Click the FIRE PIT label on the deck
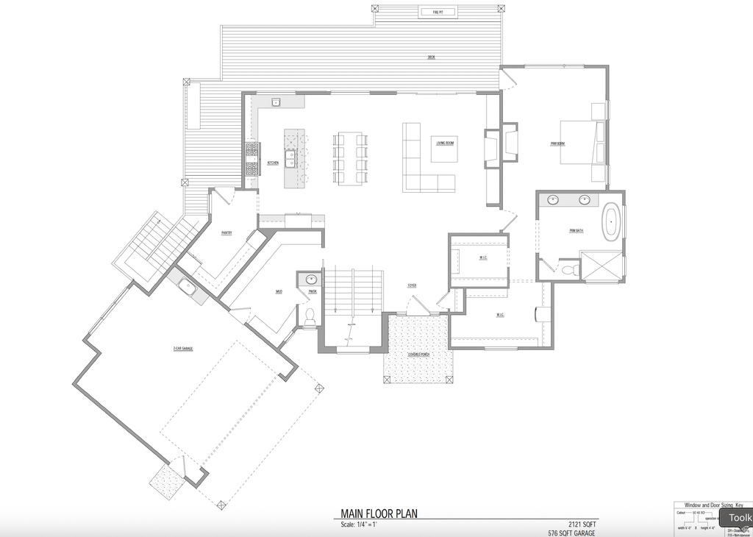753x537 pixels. tap(438, 12)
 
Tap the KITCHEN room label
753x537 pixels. tap(272, 163)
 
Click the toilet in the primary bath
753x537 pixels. tap(568, 270)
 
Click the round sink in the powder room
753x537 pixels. tap(310, 280)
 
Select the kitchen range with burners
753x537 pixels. tap(252, 159)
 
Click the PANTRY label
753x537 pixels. tap(226, 233)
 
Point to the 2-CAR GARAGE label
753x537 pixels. tap(182, 348)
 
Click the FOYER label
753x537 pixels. tap(413, 285)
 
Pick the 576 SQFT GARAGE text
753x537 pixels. tap(571, 533)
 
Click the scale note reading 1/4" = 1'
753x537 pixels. tap(358, 524)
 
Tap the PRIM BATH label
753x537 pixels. tap(576, 231)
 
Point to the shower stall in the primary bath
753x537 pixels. tap(601, 266)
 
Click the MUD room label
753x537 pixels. tap(279, 292)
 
